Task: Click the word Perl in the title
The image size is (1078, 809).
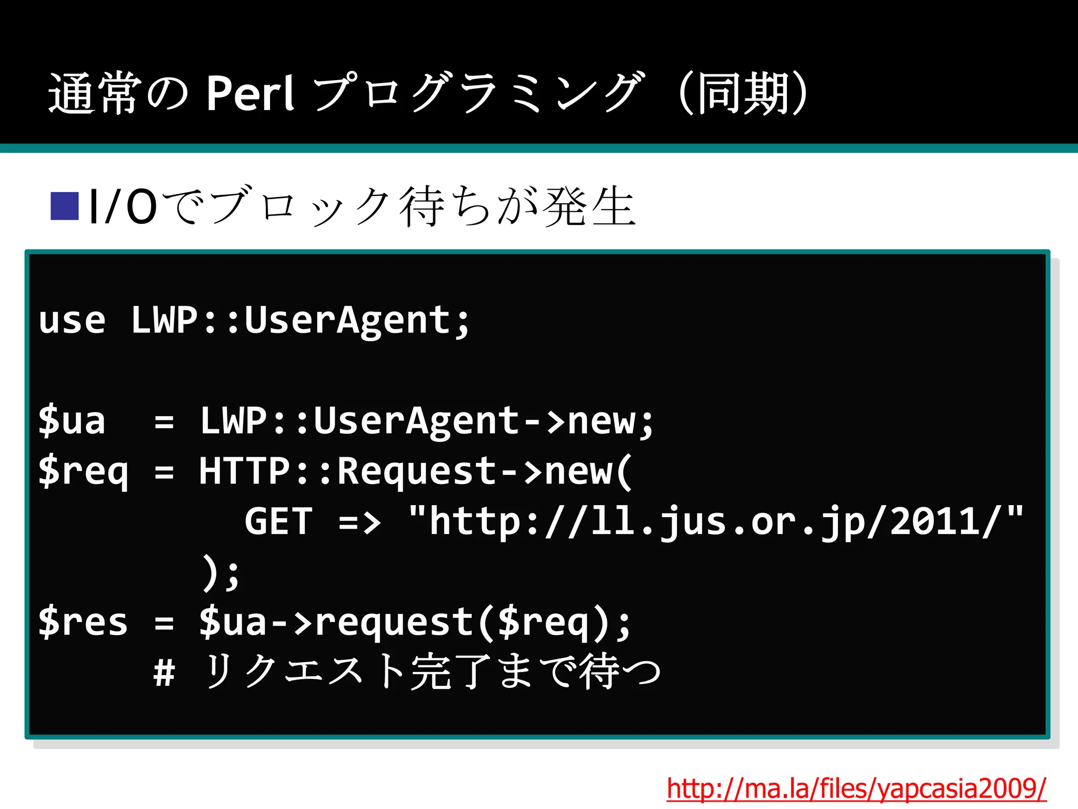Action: (249, 94)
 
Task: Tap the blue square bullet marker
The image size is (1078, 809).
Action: (64, 206)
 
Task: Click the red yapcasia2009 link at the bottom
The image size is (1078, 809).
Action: (856, 788)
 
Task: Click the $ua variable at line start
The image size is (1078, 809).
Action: (72, 421)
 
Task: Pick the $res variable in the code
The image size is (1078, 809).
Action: (83, 623)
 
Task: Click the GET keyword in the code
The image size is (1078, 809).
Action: (278, 521)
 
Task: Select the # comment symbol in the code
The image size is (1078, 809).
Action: (164, 673)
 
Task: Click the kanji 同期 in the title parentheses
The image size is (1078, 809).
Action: (743, 94)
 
